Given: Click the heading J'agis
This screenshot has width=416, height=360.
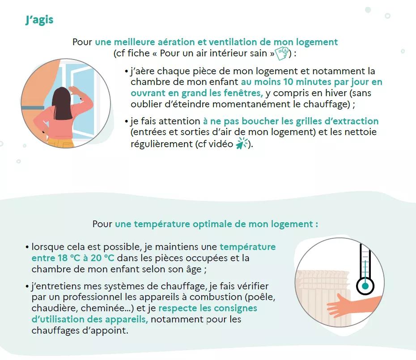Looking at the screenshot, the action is coord(39,20).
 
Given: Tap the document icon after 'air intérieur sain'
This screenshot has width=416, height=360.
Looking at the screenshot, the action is coord(282,54).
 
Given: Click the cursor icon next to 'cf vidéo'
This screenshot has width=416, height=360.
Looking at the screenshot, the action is coord(242,144).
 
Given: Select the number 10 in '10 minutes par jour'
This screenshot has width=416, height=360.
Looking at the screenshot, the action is coord(288,82).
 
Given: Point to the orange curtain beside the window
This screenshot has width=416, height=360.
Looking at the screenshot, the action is coord(40,88).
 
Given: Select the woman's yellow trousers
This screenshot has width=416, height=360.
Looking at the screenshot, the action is coord(61,143).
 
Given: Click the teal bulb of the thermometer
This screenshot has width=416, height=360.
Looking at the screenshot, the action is coord(365,286).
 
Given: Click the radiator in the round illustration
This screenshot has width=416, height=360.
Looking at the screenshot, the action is coord(323,297).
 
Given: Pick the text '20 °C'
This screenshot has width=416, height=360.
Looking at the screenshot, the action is coord(102,258).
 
